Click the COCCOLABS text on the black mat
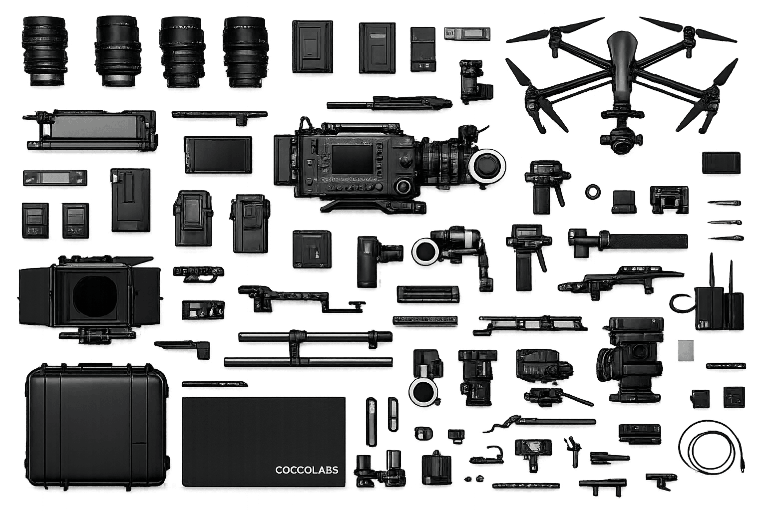pyautogui.click(x=307, y=470)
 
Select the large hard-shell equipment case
pyautogui.click(x=96, y=427)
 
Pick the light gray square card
pyautogui.click(x=686, y=350)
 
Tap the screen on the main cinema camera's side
pyautogui.click(x=353, y=159)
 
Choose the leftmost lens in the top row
pyautogui.click(x=44, y=51)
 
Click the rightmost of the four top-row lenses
pyautogui.click(x=245, y=52)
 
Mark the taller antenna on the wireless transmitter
pyautogui.click(x=711, y=270)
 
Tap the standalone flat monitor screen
pyautogui.click(x=218, y=155)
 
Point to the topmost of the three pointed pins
pyautogui.click(x=724, y=203)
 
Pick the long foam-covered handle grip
pyautogui.click(x=648, y=242)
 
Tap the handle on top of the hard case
pyautogui.click(x=97, y=366)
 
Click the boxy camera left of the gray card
pyautogui.click(x=630, y=359)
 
